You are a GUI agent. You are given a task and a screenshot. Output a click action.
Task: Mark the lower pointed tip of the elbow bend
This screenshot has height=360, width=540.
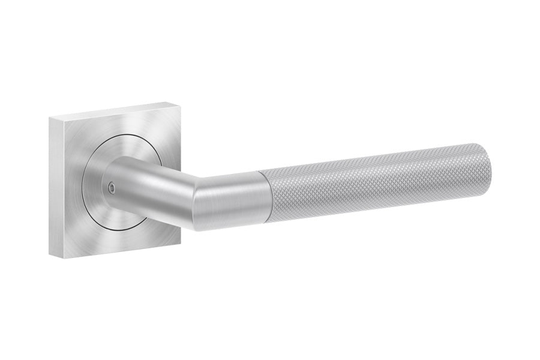[x=195, y=230]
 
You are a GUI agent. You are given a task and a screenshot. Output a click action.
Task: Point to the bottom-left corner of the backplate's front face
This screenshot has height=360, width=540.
[x=61, y=259]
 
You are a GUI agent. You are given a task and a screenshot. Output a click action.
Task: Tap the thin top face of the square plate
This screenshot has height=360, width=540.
[x=114, y=111]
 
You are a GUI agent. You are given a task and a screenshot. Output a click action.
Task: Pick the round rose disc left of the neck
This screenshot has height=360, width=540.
[x=95, y=180]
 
